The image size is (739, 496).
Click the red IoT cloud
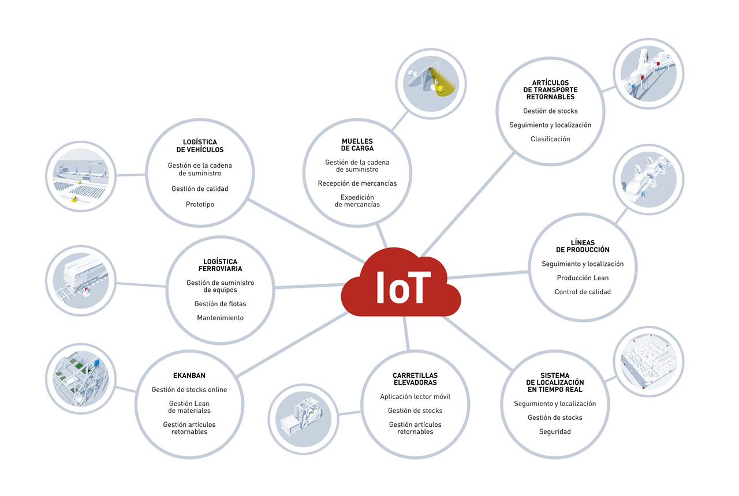(401, 283)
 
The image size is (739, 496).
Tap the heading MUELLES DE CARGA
(357, 145)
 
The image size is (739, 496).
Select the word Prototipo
(200, 204)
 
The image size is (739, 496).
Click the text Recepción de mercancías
(357, 183)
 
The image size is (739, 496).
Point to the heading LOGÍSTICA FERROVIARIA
(220, 265)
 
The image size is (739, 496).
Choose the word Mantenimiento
(220, 318)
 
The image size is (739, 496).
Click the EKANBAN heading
(189, 375)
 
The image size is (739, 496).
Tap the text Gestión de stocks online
(189, 389)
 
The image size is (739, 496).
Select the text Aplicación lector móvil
(415, 397)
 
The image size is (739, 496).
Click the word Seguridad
(555, 432)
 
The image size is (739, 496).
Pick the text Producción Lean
(583, 278)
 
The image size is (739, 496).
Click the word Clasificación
(550, 139)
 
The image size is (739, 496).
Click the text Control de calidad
(583, 292)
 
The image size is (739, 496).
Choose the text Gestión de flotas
(220, 303)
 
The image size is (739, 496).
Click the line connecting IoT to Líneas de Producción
(488, 275)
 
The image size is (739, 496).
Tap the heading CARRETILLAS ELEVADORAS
(415, 379)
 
